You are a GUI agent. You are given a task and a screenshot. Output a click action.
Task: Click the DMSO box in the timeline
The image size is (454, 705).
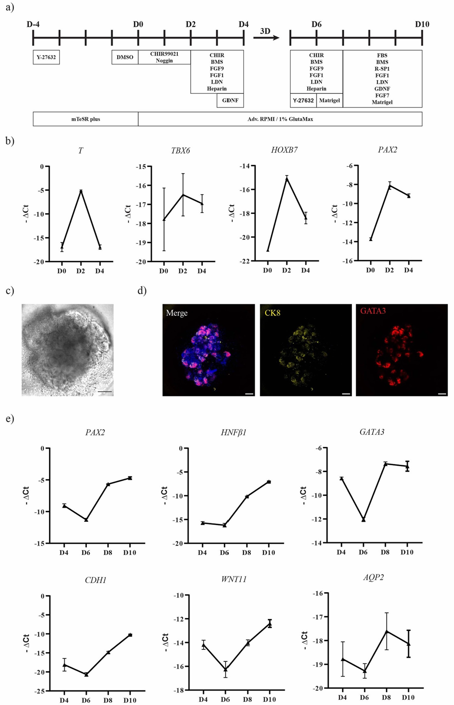tap(125, 58)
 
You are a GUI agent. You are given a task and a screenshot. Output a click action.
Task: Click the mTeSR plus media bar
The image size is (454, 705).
tap(85, 119)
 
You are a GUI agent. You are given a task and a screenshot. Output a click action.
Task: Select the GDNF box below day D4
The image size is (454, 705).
tap(230, 100)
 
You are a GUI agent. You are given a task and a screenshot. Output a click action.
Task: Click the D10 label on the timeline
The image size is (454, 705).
tap(421, 24)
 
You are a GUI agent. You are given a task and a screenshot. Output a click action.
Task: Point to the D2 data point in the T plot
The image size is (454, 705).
tap(81, 191)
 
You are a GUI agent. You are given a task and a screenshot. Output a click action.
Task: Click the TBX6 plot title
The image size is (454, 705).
tap(181, 150)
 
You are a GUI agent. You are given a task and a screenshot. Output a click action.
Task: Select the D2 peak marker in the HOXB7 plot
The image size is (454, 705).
tap(287, 179)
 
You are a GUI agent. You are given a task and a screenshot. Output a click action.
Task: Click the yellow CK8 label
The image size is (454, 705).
tap(272, 313)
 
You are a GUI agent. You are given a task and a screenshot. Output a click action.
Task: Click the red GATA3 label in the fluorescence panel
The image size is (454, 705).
tap(373, 311)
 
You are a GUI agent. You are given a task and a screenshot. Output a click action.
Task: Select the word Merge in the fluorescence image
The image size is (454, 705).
tap(177, 313)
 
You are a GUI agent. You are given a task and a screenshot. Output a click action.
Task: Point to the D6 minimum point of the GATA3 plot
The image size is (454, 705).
tap(363, 520)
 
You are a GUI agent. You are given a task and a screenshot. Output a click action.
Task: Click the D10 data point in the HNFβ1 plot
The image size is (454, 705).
tap(269, 482)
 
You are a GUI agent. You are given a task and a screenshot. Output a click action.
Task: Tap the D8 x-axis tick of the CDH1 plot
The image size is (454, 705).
tap(108, 700)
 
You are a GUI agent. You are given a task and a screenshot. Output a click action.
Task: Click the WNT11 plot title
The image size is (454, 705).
tap(233, 579)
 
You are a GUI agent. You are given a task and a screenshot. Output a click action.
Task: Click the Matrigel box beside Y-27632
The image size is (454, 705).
tap(329, 100)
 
